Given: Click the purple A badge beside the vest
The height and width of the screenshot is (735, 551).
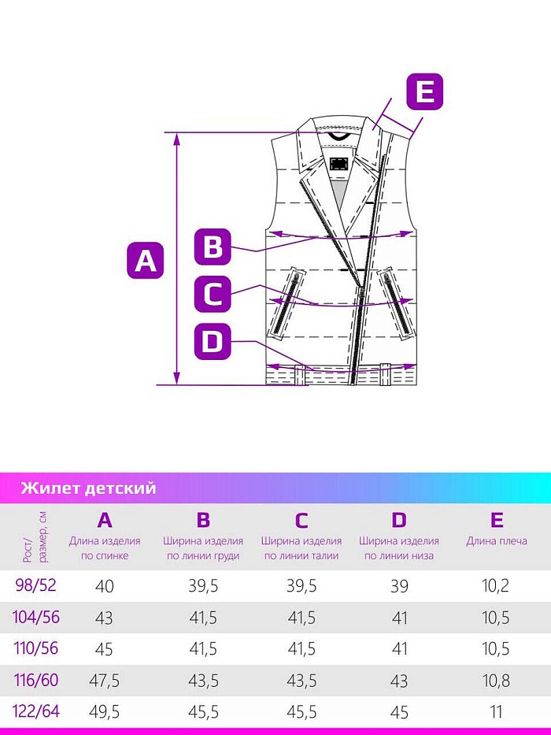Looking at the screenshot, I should pos(146,260).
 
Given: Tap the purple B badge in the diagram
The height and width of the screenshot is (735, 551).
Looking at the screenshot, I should pos(213,247).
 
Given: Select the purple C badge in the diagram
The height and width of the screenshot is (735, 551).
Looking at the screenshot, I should pos(213,295).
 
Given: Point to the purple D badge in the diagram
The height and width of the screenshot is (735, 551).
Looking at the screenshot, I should pos(213,342).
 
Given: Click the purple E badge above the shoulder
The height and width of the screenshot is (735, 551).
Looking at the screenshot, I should pos(424,91).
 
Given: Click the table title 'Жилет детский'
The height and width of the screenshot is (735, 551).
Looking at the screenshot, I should pos(88,488).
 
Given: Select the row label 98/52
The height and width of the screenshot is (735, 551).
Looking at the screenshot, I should pos(35,585).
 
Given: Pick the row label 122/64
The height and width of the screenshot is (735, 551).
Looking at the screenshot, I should pos(37,711).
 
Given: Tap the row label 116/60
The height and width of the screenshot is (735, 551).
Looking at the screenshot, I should pos(37,680).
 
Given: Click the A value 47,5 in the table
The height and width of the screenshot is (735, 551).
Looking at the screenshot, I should pos(105,681).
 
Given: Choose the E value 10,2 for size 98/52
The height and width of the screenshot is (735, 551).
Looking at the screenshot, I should pos(496,585).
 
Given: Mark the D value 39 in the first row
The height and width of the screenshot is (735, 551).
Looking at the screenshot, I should pos(399,585).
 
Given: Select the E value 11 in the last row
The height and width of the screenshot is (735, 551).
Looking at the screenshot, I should pos(496,712).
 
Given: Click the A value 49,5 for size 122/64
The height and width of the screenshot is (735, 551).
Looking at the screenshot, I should pos(105,712).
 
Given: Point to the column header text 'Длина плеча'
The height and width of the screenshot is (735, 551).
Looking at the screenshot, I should pos(497,541).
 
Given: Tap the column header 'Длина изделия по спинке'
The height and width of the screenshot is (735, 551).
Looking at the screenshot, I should pos(105,548).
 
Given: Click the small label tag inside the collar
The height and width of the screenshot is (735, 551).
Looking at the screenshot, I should pos(338,163).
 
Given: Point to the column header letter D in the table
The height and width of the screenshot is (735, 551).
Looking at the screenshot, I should pos(399,520).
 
